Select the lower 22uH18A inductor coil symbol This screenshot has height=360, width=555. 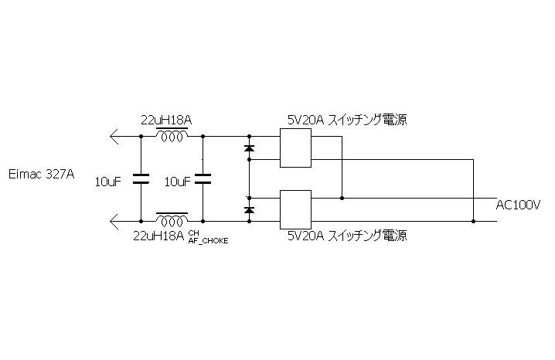[x=172, y=217]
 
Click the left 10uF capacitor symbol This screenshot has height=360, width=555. [x=141, y=179]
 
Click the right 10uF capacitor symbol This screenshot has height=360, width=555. [x=203, y=179]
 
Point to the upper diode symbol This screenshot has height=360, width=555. [x=249, y=147]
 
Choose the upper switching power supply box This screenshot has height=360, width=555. [x=295, y=148]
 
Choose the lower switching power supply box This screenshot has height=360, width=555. [x=295, y=209]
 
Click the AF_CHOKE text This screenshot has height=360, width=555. [x=209, y=240]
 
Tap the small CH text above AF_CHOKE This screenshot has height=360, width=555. [x=193, y=233]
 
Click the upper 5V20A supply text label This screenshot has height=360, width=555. [x=346, y=120]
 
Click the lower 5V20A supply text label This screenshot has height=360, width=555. [x=346, y=235]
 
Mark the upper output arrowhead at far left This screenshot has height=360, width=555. [x=115, y=137]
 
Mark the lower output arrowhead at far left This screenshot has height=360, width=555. [x=115, y=222]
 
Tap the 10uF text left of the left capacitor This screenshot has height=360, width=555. [x=108, y=182]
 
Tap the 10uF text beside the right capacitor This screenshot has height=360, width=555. [x=178, y=182]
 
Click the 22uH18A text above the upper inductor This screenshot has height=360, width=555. [x=165, y=120]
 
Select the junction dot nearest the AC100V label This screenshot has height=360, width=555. [x=473, y=222]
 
